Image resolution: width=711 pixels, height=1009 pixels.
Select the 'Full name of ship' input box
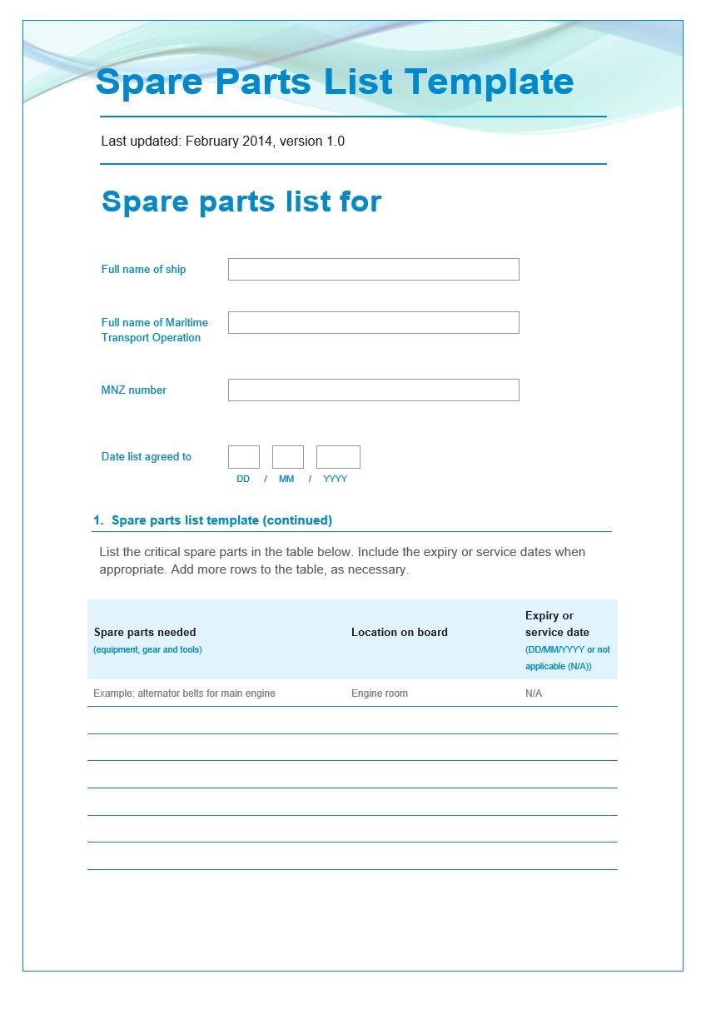tap(373, 269)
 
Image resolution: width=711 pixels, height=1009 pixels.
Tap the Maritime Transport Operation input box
tap(373, 322)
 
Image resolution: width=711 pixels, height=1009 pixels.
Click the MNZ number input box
tap(373, 390)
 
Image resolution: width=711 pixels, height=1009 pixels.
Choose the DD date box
tap(243, 457)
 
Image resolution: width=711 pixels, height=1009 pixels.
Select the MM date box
tap(287, 457)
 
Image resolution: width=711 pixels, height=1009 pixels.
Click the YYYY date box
tap(338, 457)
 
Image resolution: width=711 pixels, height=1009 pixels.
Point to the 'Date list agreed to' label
tap(147, 457)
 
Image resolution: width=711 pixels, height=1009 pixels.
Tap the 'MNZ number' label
tap(134, 390)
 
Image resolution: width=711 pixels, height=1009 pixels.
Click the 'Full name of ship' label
tap(143, 270)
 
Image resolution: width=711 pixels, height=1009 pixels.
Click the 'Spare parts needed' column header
tap(145, 633)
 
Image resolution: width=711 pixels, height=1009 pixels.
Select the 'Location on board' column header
tap(400, 633)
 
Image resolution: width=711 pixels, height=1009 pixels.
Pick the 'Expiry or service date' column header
tap(557, 624)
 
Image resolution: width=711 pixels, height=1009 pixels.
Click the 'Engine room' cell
tap(380, 693)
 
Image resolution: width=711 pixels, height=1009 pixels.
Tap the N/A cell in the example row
tap(534, 693)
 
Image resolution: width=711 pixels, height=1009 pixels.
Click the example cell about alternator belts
tap(184, 693)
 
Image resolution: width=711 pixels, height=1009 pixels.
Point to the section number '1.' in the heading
tap(98, 520)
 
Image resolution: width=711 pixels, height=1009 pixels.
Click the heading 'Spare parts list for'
tap(241, 201)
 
